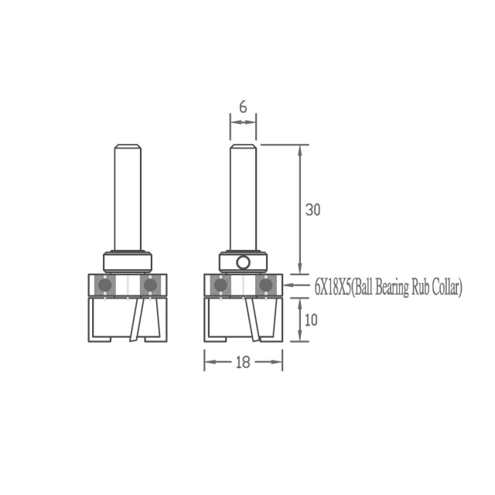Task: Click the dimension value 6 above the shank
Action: coord(243,108)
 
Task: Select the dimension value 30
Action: coord(312,210)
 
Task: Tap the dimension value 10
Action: coord(311,320)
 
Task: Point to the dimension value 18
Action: coord(243,362)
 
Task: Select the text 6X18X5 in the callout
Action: coord(333,288)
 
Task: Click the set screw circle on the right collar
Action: coord(244,262)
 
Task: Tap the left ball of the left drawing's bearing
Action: coord(105,285)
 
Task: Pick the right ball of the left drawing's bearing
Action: coord(150,285)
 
